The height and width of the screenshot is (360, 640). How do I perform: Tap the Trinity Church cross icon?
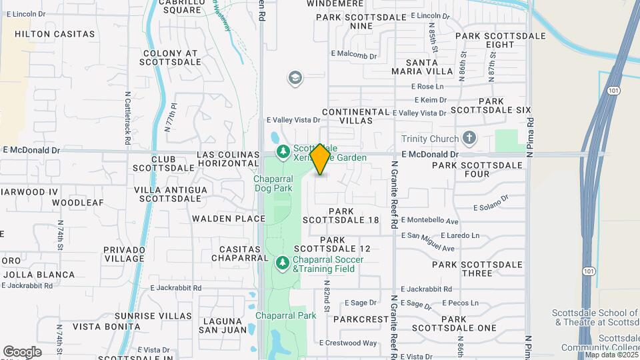coord(469,139)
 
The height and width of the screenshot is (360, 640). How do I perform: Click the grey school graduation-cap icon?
coord(294,79)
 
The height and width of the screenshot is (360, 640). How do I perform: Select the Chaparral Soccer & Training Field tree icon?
coord(283,264)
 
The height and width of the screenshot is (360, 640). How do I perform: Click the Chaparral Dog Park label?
coord(273,184)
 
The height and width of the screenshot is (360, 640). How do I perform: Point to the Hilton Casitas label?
coord(55,33)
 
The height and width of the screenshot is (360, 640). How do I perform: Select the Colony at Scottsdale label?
coord(171,57)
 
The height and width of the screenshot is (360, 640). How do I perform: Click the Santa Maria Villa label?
coord(422,67)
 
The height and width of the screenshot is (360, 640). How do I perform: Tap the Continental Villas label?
coord(355,116)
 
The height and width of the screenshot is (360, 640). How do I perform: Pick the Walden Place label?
coord(220,218)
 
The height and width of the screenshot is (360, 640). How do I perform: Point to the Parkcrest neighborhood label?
coord(361,319)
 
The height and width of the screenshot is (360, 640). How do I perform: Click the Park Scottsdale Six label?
coord(491,105)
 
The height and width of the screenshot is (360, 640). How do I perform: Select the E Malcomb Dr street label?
coord(354,55)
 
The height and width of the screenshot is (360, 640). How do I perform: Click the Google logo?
coord(22,351)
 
